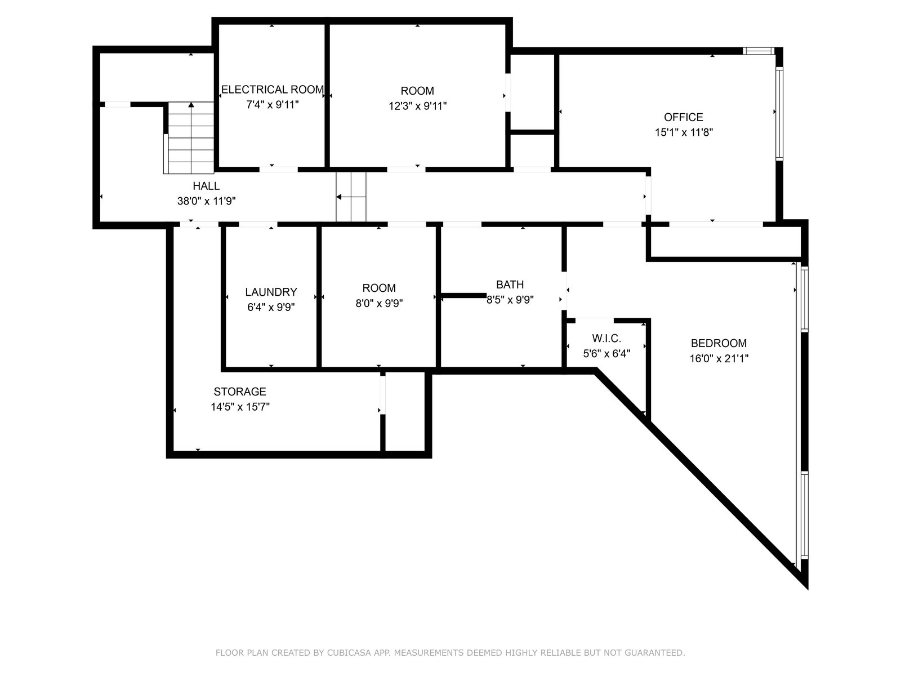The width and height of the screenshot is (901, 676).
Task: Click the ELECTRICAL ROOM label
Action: coord(272,90)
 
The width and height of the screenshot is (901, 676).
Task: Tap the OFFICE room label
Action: coord(683,117)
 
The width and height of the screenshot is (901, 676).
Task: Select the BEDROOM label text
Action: coord(719,343)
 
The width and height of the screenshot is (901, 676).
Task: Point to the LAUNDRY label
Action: coord(271,292)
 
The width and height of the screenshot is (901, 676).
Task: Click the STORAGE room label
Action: coord(240,392)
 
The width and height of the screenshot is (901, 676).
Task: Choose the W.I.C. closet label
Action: coord(606,338)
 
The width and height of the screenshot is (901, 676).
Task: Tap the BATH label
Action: coord(510,284)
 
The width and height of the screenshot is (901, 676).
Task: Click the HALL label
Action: coord(206,186)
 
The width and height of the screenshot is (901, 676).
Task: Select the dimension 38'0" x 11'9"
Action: coord(206,201)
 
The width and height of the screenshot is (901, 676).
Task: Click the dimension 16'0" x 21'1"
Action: coord(719,358)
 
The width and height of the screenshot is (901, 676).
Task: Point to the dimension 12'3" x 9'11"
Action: coord(417,106)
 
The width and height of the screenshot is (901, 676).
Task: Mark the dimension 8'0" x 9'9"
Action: coord(379,303)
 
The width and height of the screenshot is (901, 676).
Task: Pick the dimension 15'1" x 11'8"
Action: coord(684,132)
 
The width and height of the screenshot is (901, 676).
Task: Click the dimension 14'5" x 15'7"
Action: coord(240,407)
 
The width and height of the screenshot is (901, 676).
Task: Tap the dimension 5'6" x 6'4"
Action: coord(606,353)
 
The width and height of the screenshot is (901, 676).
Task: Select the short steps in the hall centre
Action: coord(351,197)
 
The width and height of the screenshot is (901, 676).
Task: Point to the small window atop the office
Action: coord(758,51)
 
